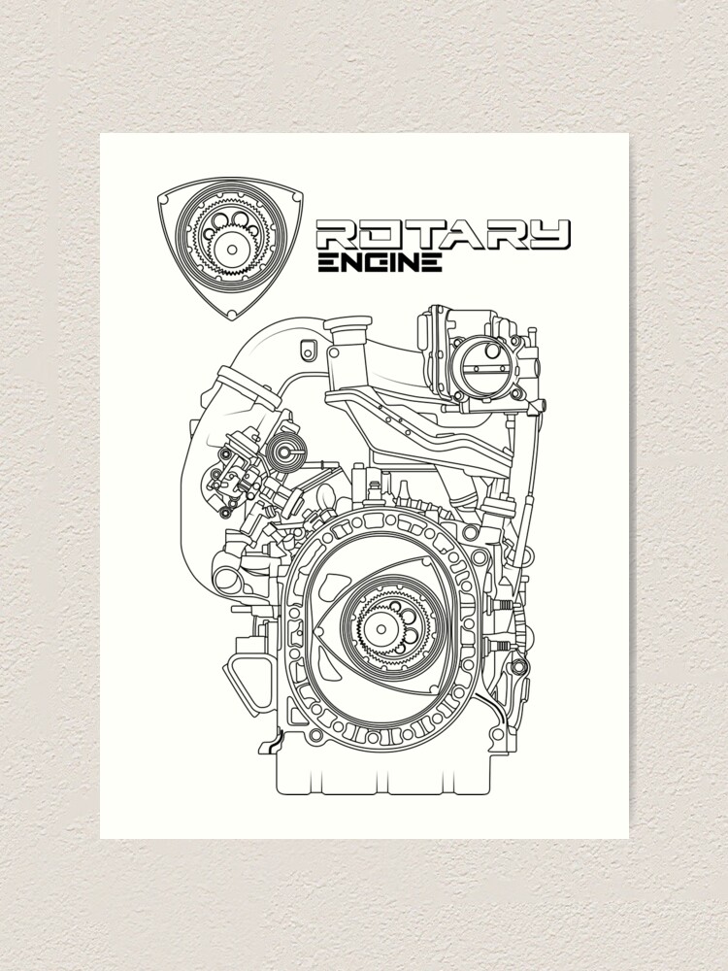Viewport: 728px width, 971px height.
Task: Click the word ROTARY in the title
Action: (x=443, y=234)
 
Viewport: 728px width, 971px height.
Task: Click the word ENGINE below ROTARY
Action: (x=381, y=262)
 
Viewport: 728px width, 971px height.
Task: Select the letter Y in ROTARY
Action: (x=549, y=234)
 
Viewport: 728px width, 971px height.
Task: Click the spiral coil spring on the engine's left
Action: (x=285, y=452)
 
